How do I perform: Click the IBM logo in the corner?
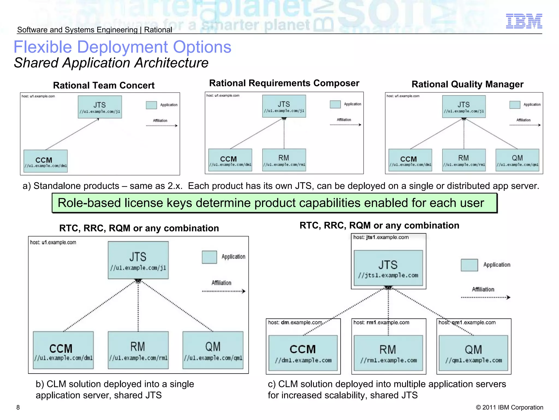[524, 21]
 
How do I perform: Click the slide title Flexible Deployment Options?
[122, 47]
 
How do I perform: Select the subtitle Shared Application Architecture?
[111, 63]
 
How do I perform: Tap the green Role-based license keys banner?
[274, 203]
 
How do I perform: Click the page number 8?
[18, 407]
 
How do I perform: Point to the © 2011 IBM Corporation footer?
[509, 407]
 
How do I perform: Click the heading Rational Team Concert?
[104, 85]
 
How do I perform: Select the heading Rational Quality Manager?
[467, 84]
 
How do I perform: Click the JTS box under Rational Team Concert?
[100, 107]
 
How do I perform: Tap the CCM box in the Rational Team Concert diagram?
[46, 161]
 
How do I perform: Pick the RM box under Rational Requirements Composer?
[284, 160]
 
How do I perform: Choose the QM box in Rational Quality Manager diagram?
[517, 160]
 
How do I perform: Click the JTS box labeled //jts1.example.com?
[388, 268]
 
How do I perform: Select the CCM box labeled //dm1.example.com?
[303, 353]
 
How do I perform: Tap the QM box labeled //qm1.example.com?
[473, 353]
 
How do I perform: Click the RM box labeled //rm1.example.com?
[388, 353]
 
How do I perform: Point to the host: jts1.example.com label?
[381, 237]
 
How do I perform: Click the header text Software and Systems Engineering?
[77, 30]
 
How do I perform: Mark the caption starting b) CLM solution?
[115, 390]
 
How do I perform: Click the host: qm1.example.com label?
[467, 323]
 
